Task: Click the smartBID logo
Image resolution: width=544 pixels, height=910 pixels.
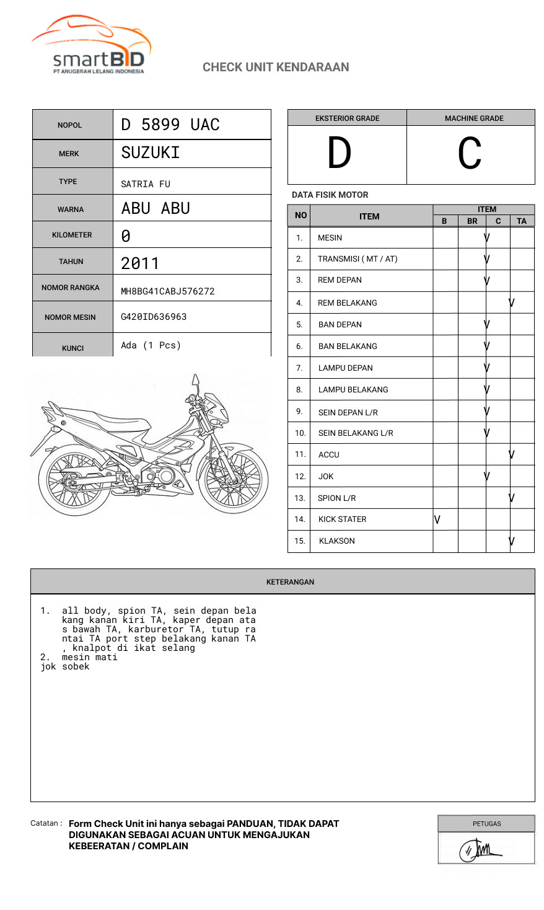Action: tap(92, 47)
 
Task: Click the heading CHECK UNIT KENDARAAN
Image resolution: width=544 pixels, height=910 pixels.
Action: tap(276, 67)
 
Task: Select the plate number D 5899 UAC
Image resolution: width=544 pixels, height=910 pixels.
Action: tap(170, 125)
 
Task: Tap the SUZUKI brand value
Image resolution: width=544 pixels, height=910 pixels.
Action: tap(151, 152)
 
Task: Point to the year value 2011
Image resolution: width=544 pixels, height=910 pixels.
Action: tap(140, 263)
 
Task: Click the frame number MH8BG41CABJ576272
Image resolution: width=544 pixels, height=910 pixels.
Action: tap(167, 291)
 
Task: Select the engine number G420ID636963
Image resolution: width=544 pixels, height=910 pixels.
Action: tap(154, 317)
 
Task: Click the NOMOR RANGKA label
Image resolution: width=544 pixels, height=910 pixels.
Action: tap(71, 288)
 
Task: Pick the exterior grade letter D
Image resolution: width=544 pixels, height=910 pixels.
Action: tap(339, 153)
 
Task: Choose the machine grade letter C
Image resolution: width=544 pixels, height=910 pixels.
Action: tap(470, 153)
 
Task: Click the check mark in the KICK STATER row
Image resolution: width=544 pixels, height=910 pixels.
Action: tap(437, 519)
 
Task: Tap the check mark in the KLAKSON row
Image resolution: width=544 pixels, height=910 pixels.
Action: tap(512, 541)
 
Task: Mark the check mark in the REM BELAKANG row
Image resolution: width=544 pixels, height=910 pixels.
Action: tap(512, 303)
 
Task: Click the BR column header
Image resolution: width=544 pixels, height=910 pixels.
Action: tap(472, 221)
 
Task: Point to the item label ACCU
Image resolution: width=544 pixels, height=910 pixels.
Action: tap(328, 454)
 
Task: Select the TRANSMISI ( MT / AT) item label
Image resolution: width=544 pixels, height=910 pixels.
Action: tap(358, 258)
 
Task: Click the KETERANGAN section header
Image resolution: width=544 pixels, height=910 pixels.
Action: tap(290, 582)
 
